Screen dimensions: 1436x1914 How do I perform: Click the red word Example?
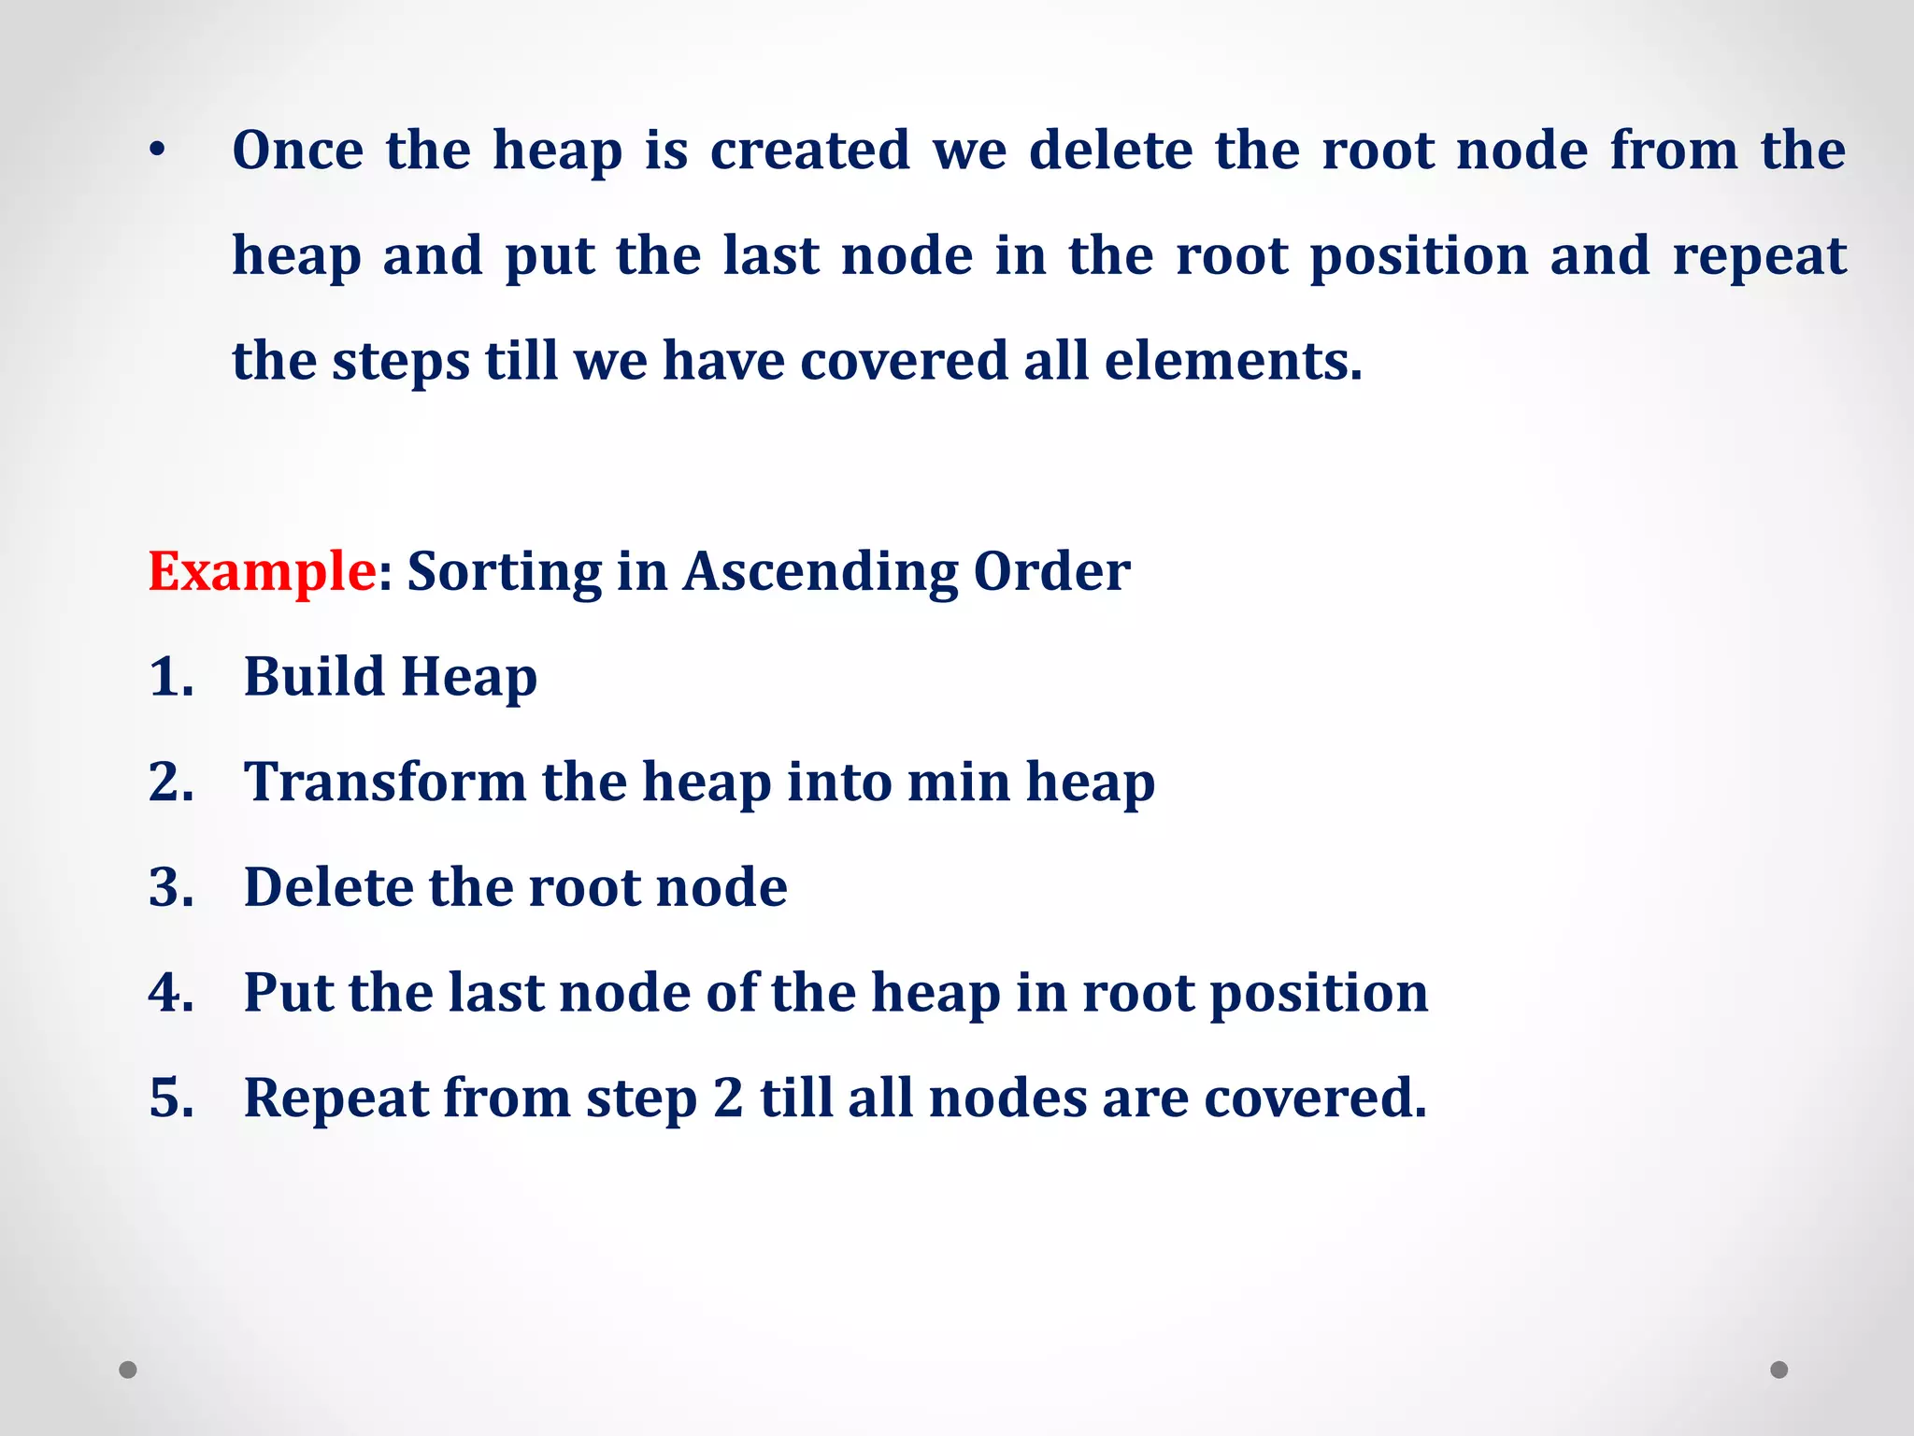click(261, 571)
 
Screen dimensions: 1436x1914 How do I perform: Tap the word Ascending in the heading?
click(820, 571)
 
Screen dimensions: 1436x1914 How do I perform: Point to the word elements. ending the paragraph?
click(1233, 361)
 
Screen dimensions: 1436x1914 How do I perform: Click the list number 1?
click(170, 677)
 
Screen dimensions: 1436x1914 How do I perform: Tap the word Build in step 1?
click(314, 677)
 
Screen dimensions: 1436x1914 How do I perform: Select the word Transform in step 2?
click(384, 782)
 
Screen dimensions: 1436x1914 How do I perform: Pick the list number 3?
click(170, 887)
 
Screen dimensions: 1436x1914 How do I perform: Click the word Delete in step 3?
click(328, 887)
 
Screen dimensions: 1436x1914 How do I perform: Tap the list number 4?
click(170, 992)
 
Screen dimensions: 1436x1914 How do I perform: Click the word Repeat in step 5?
click(335, 1098)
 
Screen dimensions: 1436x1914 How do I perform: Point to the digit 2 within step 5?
click(728, 1098)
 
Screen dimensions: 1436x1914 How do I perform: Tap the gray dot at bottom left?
click(128, 1370)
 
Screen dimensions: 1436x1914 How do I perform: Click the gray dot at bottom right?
click(1779, 1370)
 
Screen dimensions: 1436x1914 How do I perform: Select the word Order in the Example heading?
click(1051, 571)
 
